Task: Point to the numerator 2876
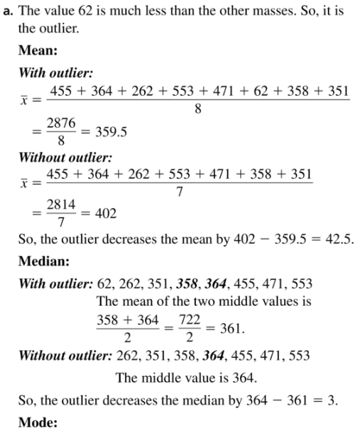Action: pos(62,122)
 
